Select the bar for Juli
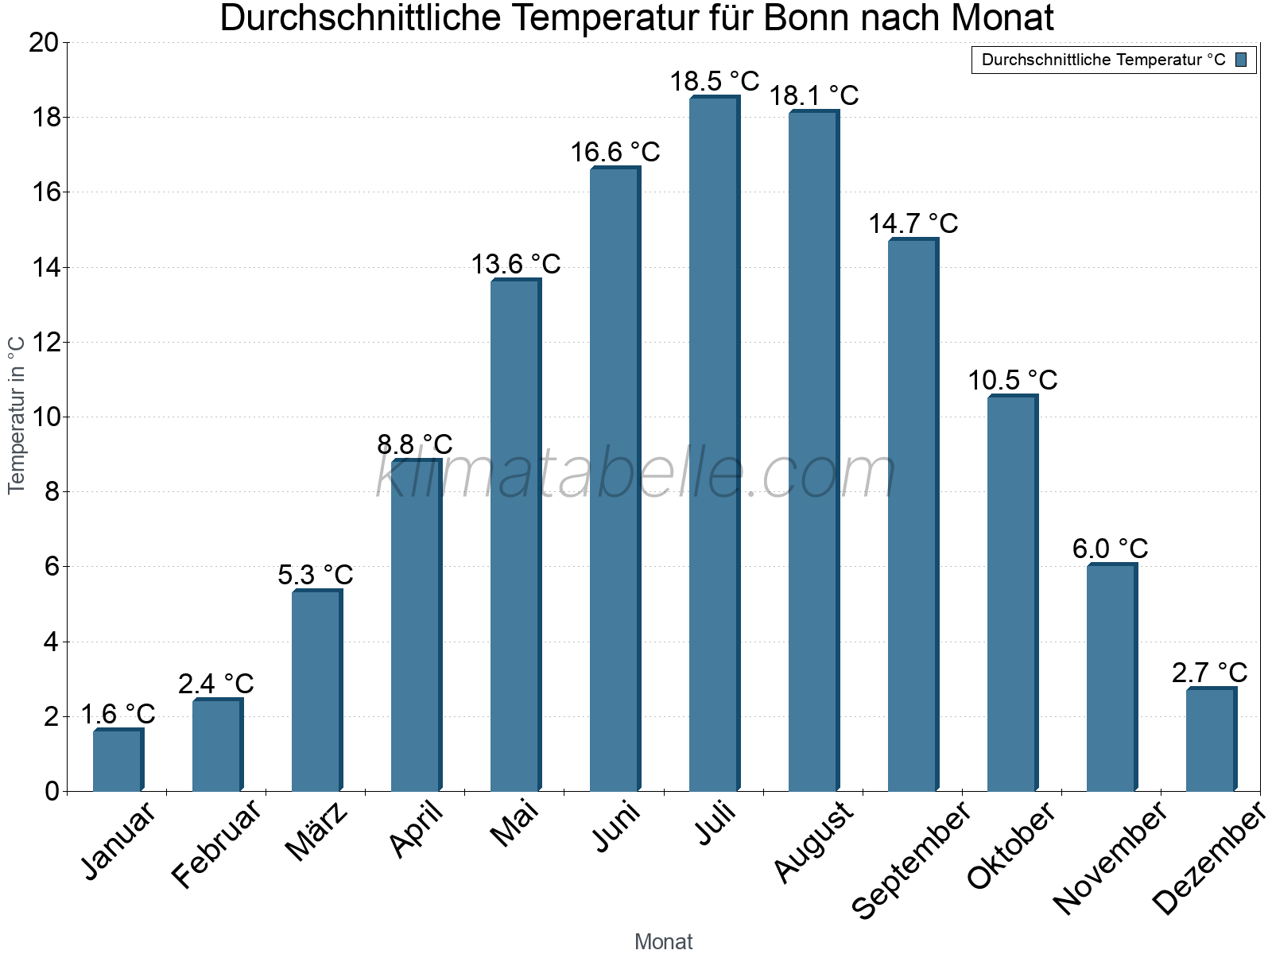pyautogui.click(x=713, y=445)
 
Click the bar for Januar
pyautogui.click(x=117, y=760)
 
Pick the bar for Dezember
pyautogui.click(x=1210, y=739)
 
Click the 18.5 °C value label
pyautogui.click(x=714, y=81)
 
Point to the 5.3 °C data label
pyautogui.click(x=316, y=574)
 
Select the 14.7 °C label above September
pyautogui.click(x=913, y=223)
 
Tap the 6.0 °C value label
pyautogui.click(x=1110, y=549)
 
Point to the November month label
pyautogui.click(x=1110, y=857)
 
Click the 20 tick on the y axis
pyautogui.click(x=44, y=43)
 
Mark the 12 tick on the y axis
pyautogui.click(x=44, y=343)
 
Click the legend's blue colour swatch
pyautogui.click(x=1241, y=60)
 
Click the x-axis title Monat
pyautogui.click(x=664, y=941)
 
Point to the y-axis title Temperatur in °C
pyautogui.click(x=16, y=415)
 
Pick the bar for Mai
pyautogui.click(x=514, y=536)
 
